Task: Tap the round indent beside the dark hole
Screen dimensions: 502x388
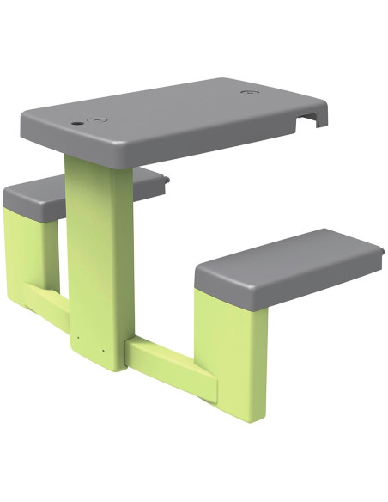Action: tap(100, 119)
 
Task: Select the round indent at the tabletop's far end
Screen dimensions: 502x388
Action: tap(250, 91)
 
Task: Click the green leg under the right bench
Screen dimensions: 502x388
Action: tap(230, 344)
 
